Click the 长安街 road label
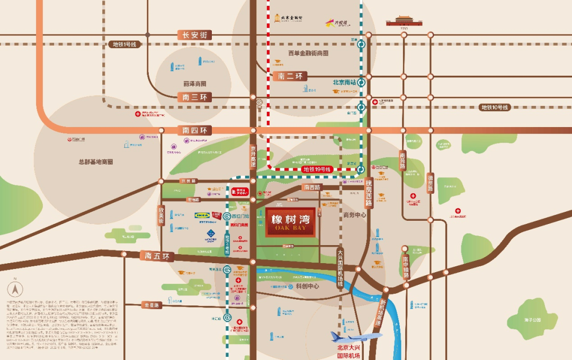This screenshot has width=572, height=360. click(x=194, y=35)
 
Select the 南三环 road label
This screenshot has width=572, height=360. click(x=194, y=97)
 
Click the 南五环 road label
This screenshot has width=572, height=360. click(x=157, y=256)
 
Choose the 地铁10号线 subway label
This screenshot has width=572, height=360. click(x=494, y=107)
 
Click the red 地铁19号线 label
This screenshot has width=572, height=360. click(x=316, y=169)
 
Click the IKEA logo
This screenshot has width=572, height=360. click(x=202, y=215)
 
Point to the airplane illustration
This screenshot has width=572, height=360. click(x=356, y=336)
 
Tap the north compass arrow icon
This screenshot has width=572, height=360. click(x=15, y=289)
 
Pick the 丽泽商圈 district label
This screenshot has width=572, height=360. click(x=194, y=84)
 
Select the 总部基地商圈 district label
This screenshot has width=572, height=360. click(x=95, y=162)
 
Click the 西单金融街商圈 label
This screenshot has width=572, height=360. click(x=308, y=53)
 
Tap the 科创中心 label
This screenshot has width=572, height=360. click(x=307, y=286)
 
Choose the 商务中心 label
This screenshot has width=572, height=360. click(x=354, y=215)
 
